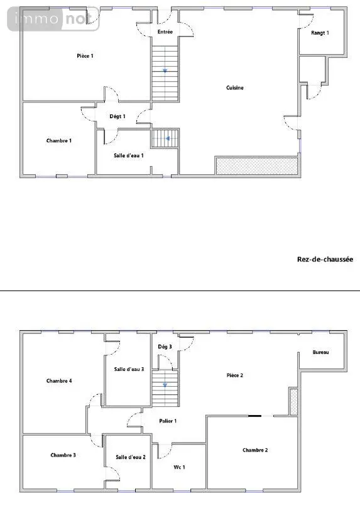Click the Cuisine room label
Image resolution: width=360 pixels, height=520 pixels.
click(235, 87)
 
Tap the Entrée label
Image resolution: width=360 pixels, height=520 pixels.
click(165, 32)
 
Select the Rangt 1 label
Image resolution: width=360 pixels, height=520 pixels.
click(320, 33)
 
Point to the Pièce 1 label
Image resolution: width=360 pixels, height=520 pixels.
click(85, 56)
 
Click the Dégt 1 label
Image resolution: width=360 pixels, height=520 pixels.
click(117, 116)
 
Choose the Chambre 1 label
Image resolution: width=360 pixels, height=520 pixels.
click(58, 141)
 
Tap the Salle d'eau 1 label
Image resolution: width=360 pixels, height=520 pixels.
click(129, 155)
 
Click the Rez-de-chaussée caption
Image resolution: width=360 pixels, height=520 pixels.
click(325, 259)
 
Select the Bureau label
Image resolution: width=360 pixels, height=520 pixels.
click(320, 352)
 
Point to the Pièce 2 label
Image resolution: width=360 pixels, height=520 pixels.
click(235, 375)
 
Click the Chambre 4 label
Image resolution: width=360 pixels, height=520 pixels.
click(59, 380)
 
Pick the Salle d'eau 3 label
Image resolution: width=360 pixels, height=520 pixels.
click(129, 369)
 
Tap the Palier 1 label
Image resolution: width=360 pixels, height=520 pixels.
click(168, 421)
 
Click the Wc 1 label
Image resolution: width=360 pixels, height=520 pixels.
click(179, 467)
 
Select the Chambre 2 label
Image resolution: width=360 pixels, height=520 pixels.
click(255, 450)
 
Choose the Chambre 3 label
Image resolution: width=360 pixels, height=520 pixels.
click(63, 455)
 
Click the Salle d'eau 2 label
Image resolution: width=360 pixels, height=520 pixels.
click(131, 457)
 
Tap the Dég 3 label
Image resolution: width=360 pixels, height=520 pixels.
click(165, 347)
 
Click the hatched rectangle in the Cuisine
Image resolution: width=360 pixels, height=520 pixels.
click(257, 166)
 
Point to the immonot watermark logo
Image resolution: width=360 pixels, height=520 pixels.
click(53, 19)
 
